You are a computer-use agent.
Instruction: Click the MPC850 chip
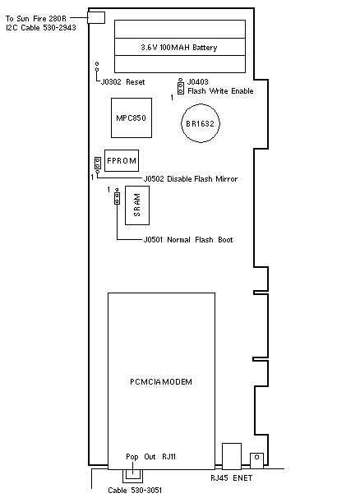pos(132,118)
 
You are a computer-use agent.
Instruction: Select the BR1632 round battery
pos(201,123)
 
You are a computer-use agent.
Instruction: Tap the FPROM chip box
pos(122,160)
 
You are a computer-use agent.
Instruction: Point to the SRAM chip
pos(137,205)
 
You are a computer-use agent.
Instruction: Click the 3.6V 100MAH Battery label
pos(179,48)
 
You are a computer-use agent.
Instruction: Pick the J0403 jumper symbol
pos(181,86)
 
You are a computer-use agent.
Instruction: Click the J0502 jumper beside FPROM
pos(98,164)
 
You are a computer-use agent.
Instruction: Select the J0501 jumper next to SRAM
pos(117,196)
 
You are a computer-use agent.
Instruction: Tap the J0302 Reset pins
pos(97,67)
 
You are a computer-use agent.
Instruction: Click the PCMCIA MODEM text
pos(161,382)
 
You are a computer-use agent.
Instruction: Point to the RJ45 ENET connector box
pos(232,456)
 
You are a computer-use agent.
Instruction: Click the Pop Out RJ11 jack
pos(133,476)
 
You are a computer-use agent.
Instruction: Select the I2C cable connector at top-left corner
pos(96,17)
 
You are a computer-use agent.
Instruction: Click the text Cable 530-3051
pos(135,491)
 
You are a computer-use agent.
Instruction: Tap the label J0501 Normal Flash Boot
pos(188,239)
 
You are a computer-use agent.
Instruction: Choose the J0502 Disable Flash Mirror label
pos(191,179)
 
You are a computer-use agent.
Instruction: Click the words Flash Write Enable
pos(220,91)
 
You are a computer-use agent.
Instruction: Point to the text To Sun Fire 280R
pos(36,19)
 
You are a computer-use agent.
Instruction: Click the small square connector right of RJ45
pos(256,460)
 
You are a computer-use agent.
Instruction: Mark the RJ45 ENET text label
pos(231,478)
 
